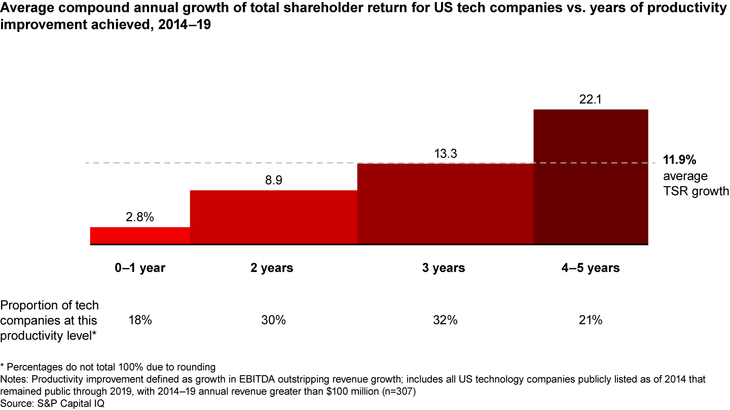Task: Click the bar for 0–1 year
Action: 140,236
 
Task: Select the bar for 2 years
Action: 274,218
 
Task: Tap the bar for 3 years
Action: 445,204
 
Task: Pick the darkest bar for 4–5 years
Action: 591,177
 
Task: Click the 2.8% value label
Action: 139,218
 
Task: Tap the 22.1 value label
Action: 591,100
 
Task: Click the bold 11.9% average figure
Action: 680,160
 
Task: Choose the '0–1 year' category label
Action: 139,268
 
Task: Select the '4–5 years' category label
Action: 591,268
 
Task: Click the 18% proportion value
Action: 139,320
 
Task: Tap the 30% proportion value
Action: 274,320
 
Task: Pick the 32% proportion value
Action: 445,320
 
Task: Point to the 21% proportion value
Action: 591,320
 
